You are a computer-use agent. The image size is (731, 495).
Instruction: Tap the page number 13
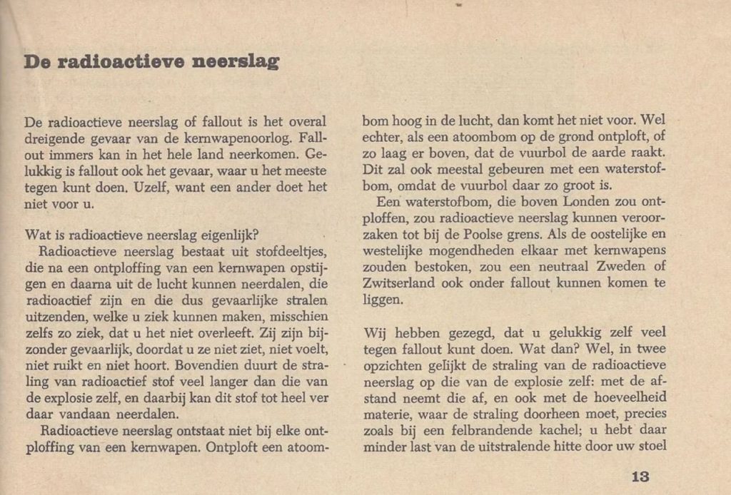coord(640,477)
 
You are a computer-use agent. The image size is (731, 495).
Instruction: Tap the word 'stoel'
coord(652,448)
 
